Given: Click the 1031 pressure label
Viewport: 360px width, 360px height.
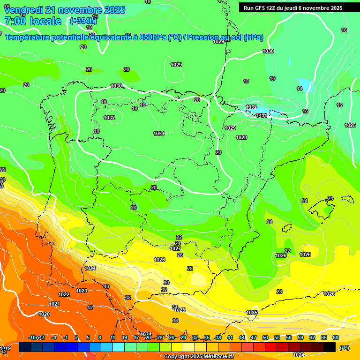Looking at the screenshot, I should (x=159, y=134).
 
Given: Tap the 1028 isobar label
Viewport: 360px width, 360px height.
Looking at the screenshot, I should (x=241, y=137).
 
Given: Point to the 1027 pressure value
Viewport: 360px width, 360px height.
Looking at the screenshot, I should (x=175, y=249).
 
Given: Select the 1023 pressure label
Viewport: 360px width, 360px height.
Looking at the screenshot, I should (x=82, y=291).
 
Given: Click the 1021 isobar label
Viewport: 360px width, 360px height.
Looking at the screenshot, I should (x=54, y=304).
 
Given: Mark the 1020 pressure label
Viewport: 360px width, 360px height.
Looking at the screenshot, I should (x=44, y=314).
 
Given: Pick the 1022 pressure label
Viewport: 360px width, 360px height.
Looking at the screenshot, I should (x=64, y=294).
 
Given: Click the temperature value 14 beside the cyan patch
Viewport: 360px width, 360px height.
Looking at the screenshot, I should (x=300, y=89).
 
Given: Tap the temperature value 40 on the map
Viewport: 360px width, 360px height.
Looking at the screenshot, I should (x=106, y=286).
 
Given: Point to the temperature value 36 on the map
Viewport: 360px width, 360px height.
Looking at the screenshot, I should (x=175, y=321).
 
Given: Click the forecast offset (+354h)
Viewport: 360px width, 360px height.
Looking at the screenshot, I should (x=83, y=21).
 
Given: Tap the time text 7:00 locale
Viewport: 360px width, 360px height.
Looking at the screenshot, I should (x=33, y=21).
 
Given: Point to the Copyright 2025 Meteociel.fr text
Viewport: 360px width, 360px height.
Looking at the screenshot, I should (x=199, y=357).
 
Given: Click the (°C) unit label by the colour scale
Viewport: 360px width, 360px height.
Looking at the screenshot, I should (x=344, y=348).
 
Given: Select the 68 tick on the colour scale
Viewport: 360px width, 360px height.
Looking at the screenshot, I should (x=336, y=337).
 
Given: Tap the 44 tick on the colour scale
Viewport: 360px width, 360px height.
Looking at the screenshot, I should (x=242, y=337).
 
